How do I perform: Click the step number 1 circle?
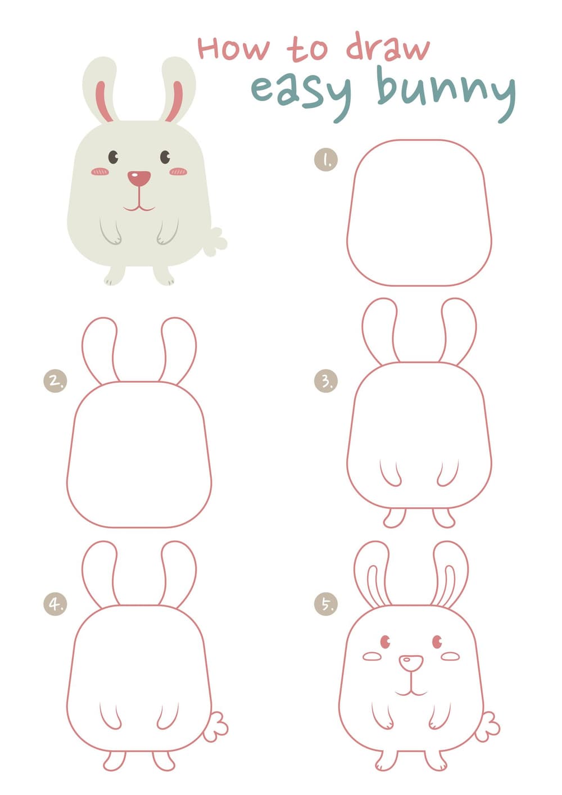[x=326, y=160]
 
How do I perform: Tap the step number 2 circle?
[x=55, y=381]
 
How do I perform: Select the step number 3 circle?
[x=326, y=381]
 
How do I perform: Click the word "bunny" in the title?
[x=446, y=93]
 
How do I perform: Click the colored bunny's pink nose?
[x=139, y=178]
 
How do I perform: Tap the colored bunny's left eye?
[x=113, y=157]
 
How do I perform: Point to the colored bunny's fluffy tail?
[x=215, y=242]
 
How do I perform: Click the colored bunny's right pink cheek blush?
[x=179, y=172]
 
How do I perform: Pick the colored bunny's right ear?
[x=177, y=89]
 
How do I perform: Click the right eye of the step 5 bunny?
[x=437, y=642]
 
